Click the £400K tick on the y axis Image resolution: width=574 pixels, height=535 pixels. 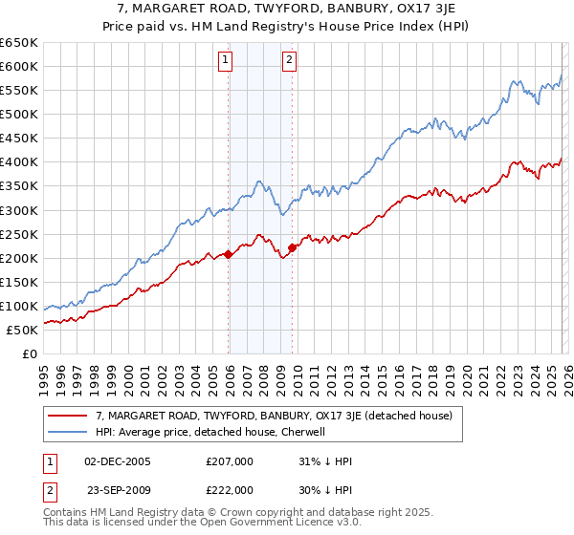[19, 161]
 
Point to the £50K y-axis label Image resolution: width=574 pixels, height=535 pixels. [22, 330]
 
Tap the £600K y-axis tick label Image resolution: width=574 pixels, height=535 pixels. [19, 66]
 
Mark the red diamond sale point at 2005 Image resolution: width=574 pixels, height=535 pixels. [229, 254]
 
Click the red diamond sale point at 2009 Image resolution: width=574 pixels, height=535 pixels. [293, 247]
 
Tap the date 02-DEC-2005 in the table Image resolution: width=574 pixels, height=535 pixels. [118, 461]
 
